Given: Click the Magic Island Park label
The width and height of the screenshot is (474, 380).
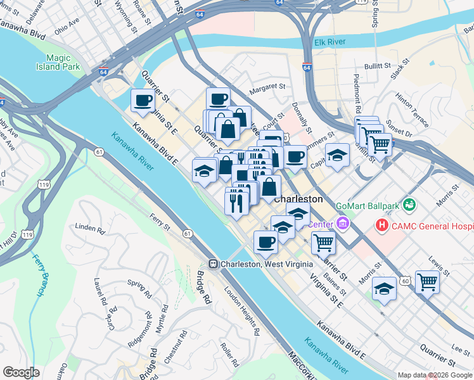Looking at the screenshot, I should coord(67,62).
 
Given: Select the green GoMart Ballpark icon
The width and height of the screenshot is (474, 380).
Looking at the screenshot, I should coord(410,205).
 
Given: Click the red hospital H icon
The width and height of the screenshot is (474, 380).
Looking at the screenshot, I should coord(381,225).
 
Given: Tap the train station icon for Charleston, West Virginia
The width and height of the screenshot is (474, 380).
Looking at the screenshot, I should coord(214,263).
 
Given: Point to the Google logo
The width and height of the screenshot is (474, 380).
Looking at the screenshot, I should coord(20,372).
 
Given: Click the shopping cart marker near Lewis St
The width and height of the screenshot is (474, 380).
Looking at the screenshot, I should coord(427,282).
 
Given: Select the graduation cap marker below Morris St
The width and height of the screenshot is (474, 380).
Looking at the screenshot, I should coord(383,288).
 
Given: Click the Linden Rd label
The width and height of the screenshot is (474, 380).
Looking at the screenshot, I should coord(89,228).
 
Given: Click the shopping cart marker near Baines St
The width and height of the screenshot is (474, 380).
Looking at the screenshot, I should coord(323,241).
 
